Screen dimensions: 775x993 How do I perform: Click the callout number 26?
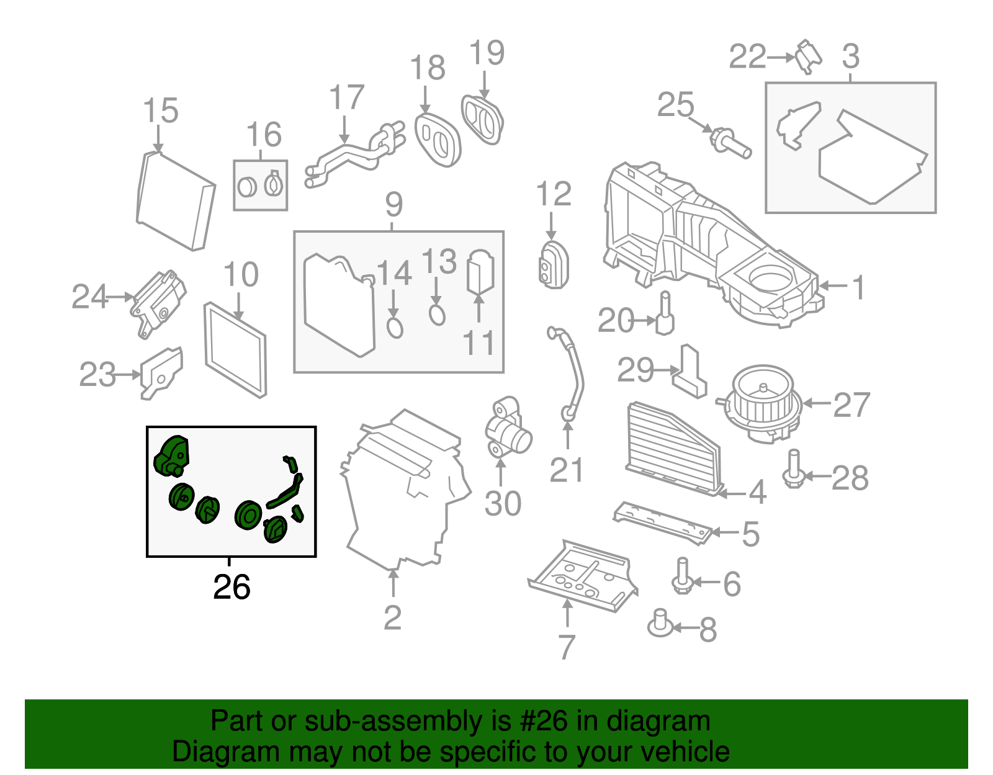(x=231, y=587)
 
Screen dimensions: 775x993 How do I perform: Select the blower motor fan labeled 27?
(x=763, y=403)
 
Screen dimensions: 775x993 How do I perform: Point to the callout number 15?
(x=160, y=110)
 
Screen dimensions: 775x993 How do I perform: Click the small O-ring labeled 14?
(x=395, y=327)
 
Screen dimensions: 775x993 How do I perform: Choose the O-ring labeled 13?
(x=437, y=315)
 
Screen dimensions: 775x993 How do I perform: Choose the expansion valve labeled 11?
(x=480, y=271)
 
